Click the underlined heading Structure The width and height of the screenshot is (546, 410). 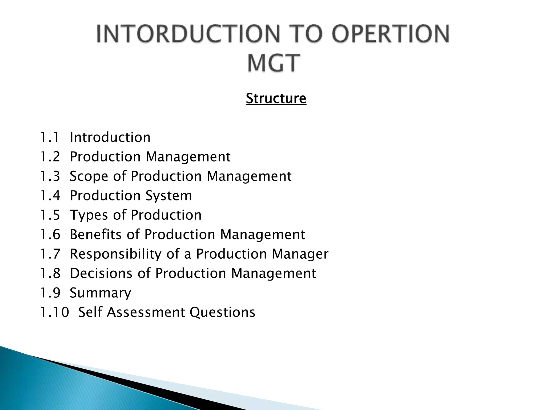pyautogui.click(x=276, y=98)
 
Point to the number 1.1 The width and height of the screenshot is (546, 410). pyautogui.click(x=50, y=137)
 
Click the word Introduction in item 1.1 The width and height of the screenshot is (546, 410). pyautogui.click(x=110, y=137)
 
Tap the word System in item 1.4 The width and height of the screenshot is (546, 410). pyautogui.click(x=168, y=196)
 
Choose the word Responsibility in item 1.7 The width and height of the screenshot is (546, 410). pyautogui.click(x=115, y=254)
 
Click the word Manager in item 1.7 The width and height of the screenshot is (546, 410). pyautogui.click(x=300, y=254)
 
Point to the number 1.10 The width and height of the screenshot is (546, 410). pyautogui.click(x=54, y=312)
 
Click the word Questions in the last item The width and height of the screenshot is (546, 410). pyautogui.click(x=222, y=312)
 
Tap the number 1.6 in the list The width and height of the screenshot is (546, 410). pyautogui.click(x=50, y=235)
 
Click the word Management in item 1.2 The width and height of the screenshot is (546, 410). pyautogui.click(x=188, y=157)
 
